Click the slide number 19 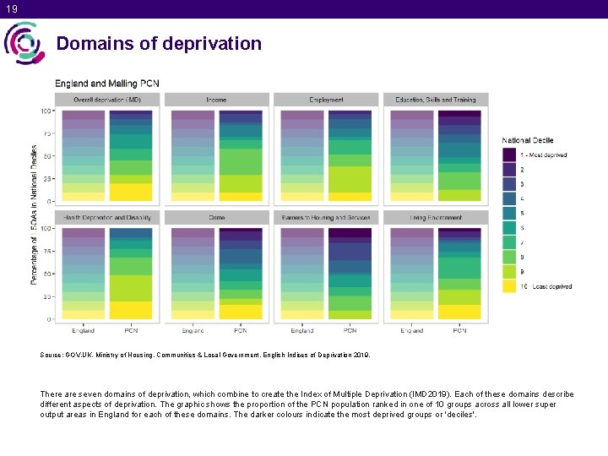10,8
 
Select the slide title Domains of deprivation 159,43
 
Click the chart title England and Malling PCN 107,84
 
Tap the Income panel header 217,100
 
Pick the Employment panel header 326,100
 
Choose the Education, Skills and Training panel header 436,100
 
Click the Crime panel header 217,218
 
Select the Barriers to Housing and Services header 326,218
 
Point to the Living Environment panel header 436,218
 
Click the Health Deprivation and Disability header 107,218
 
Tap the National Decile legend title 528,140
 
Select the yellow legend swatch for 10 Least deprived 508,286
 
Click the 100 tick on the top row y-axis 45,111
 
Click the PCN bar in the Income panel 241,155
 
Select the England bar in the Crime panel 193,274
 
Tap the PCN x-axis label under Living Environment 459,330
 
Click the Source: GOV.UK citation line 204,355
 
